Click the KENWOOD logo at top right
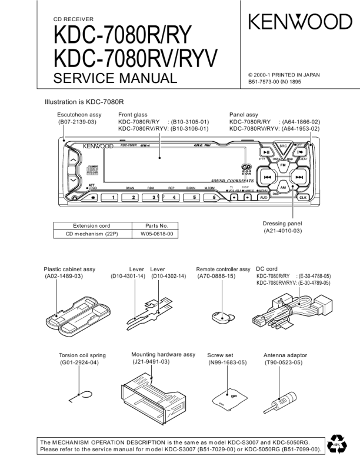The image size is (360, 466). coord(300,22)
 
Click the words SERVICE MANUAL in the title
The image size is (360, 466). coord(115,78)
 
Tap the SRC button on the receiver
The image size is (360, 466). coord(283,146)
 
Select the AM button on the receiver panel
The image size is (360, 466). coord(283,187)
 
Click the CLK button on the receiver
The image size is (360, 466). coord(303,198)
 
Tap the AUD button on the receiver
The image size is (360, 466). coord(263,198)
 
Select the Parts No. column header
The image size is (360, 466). coord(156,225)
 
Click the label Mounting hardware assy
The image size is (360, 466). coord(163,355)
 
